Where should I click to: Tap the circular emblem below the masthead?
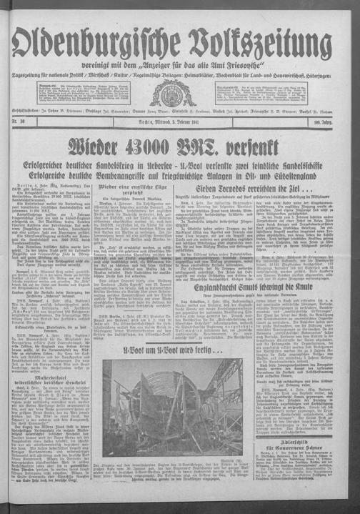(x=181, y=92)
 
